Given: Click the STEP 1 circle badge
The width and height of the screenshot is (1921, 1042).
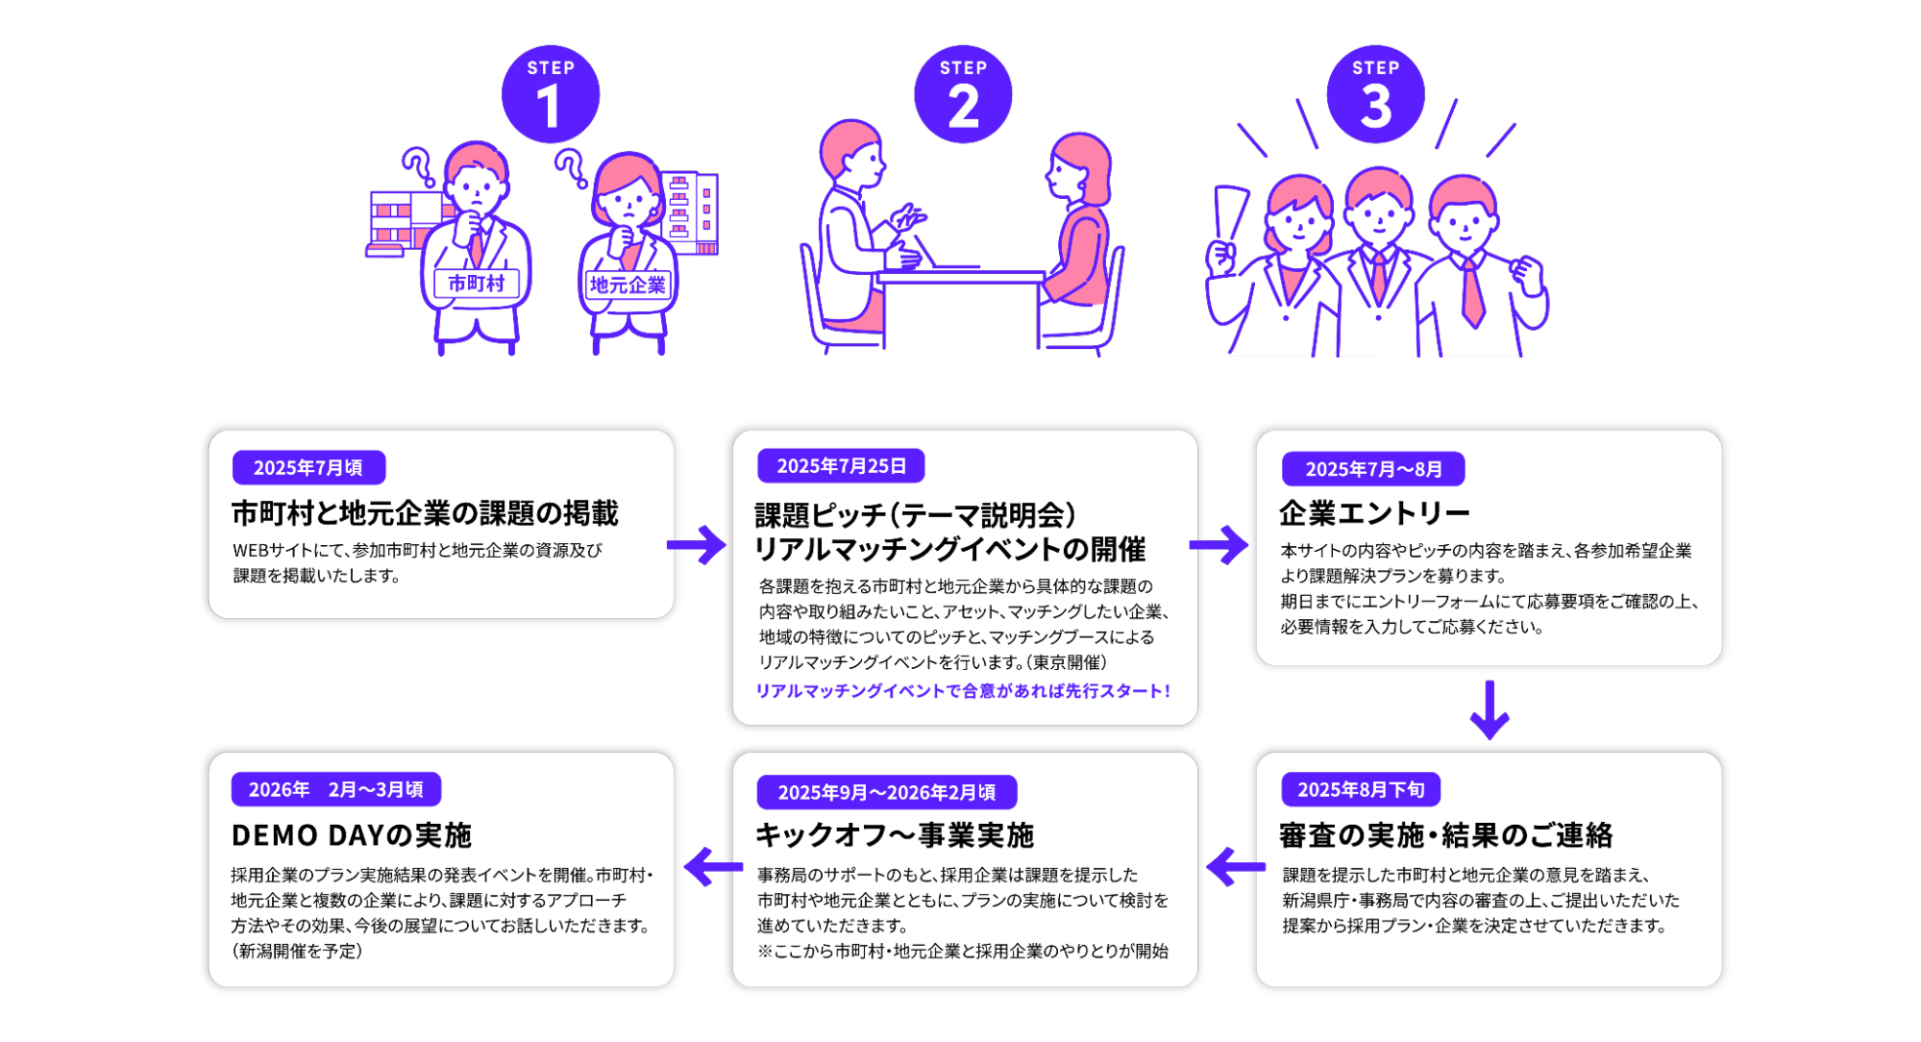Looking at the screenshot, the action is click(551, 94).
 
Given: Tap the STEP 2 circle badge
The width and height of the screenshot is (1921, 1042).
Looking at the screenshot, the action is click(963, 94).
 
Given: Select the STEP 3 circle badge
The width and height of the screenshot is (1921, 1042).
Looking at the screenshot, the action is click(1375, 94).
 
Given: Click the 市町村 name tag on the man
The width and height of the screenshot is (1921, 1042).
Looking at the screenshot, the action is click(476, 284).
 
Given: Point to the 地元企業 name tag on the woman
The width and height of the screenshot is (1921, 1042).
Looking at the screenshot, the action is click(628, 285).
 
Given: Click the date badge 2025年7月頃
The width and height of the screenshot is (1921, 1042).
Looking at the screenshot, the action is click(308, 468).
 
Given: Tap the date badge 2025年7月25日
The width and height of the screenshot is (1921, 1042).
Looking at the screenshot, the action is click(841, 466).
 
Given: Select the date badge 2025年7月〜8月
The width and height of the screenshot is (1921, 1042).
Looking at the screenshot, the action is click(1373, 469).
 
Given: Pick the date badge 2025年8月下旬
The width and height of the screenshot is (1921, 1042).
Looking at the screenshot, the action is click(1361, 790).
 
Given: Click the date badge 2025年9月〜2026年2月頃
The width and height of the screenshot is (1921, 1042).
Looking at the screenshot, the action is click(886, 792).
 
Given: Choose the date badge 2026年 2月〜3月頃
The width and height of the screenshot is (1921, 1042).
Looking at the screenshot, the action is click(335, 790).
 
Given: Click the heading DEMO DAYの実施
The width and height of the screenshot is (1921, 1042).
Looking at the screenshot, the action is click(352, 835).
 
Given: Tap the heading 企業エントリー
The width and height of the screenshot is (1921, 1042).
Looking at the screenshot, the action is click(1374, 513).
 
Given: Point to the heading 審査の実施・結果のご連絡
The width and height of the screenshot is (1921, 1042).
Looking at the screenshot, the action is click(1445, 835).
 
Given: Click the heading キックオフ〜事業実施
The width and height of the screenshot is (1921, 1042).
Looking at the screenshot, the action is click(894, 835).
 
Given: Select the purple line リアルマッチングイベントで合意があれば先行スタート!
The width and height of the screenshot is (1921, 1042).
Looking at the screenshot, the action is click(963, 691).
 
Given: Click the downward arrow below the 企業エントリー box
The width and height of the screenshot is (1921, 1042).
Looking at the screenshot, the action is click(1490, 710).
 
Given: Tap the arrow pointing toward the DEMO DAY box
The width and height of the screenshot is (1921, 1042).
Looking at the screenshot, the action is click(712, 866).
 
